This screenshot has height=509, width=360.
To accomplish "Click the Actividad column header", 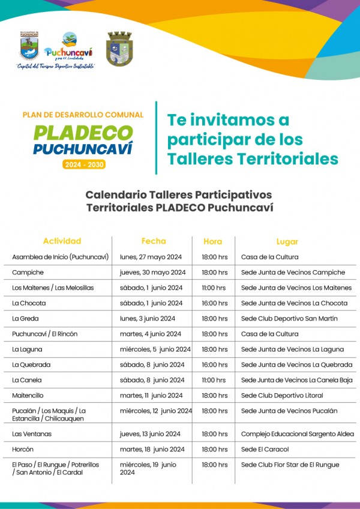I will [x=62, y=241].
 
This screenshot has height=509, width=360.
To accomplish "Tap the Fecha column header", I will [x=154, y=241].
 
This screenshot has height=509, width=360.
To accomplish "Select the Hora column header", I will [x=212, y=241].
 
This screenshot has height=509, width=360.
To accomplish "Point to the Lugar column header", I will [x=287, y=241].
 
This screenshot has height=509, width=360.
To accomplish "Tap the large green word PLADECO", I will [x=83, y=132].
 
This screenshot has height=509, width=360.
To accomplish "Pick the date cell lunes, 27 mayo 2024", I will [x=151, y=257].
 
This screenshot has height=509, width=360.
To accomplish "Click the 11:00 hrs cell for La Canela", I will [x=214, y=380].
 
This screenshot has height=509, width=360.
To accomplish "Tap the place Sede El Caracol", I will [x=265, y=449].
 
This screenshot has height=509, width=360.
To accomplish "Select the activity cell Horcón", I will [x=23, y=449].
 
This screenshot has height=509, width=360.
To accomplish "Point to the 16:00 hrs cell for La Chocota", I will [x=214, y=303].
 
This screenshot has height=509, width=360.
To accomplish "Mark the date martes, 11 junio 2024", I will [x=151, y=396].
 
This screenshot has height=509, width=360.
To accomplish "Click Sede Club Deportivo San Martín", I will [x=289, y=319].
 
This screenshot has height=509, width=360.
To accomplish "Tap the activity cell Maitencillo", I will [x=28, y=396].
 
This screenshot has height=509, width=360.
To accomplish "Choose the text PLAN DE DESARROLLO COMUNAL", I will [x=83, y=115].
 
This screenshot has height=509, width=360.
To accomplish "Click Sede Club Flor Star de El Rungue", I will [x=290, y=465].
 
